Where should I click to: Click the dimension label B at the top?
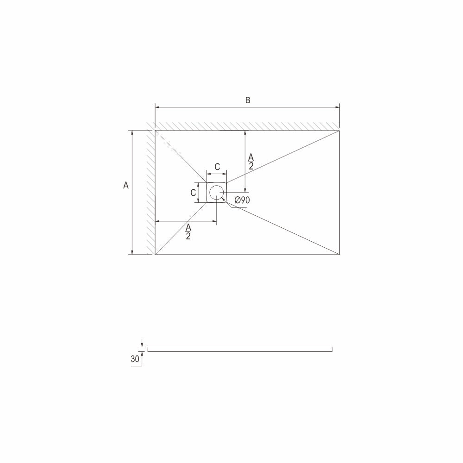coord(248,100)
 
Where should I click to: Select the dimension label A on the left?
coord(126,186)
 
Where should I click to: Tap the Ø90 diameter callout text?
coord(242,200)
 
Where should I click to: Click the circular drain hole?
coord(217,193)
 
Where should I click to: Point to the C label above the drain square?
coord(217,167)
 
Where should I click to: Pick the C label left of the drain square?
coord(193,193)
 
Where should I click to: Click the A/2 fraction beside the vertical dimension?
coord(250,162)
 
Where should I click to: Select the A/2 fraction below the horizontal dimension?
coord(188,232)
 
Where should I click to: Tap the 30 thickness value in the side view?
coord(135,359)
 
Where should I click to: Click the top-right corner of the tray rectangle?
coord(339,130)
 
